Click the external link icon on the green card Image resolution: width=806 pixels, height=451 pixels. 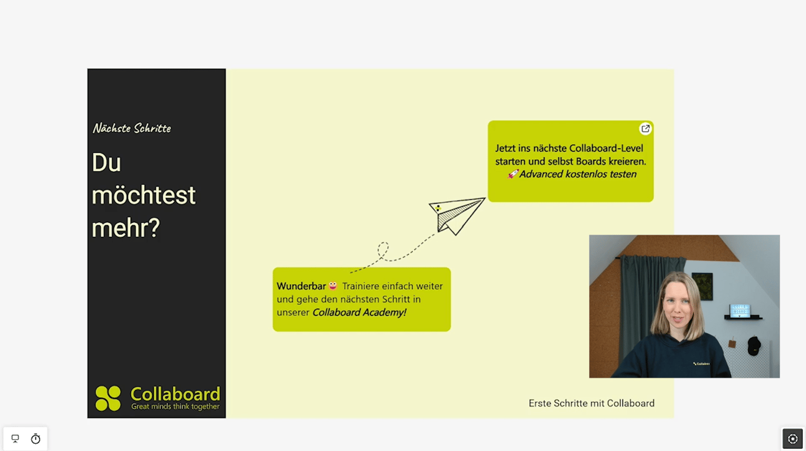coord(645,129)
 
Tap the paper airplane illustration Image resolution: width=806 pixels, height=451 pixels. coord(457,215)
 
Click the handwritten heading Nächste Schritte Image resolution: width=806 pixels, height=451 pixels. coord(132,128)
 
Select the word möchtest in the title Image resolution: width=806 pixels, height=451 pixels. coord(144,195)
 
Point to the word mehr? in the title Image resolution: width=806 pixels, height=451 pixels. coord(126,228)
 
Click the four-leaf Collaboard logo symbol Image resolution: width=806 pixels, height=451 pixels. coord(108,398)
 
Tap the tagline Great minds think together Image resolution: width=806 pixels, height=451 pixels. coord(175,406)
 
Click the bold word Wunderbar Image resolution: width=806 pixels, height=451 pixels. coord(301,286)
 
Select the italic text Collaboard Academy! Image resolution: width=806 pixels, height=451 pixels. coord(359,312)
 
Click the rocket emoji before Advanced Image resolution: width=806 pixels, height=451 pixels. coord(513,174)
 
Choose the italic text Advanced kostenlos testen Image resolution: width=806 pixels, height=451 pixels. coord(577,174)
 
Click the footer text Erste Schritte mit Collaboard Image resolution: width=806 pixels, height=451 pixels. coord(591,403)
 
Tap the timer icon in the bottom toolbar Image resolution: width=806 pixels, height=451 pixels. coord(35,439)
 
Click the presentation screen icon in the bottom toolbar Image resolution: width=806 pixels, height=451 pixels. coord(15,439)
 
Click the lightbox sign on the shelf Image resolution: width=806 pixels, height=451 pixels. coord(740,311)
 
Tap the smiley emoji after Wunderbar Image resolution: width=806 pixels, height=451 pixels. coord(333,286)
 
